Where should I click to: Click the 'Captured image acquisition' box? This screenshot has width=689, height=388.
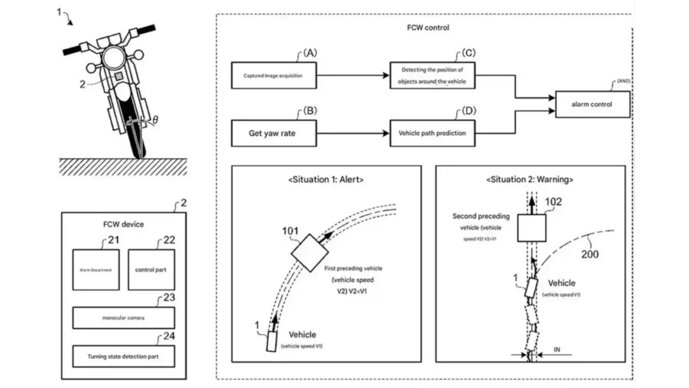coord(273,75)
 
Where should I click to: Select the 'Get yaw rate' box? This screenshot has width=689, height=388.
coord(273,133)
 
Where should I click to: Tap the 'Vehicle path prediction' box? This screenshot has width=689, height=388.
coord(432,133)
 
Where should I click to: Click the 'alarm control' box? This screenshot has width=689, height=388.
coord(592,104)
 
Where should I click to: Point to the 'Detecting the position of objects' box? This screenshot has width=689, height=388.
coord(432,75)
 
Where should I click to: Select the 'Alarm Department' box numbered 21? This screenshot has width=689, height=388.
coord(96,269)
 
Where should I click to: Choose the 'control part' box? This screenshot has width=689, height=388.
coord(151,269)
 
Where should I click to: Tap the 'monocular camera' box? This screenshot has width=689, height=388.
coord(123,317)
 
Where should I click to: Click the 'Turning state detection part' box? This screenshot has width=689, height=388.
coord(123,356)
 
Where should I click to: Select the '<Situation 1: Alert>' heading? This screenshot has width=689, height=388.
coord(326,180)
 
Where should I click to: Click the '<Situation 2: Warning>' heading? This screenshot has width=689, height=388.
coord(530,180)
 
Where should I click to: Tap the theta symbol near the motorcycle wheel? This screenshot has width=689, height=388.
coord(155,121)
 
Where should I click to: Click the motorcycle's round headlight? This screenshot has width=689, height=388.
coord(113,57)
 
